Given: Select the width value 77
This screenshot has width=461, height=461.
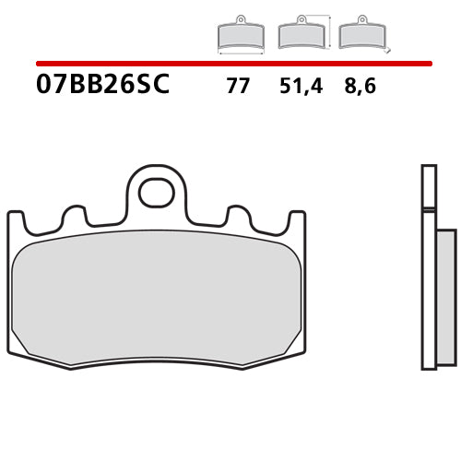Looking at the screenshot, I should [x=237, y=87].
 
